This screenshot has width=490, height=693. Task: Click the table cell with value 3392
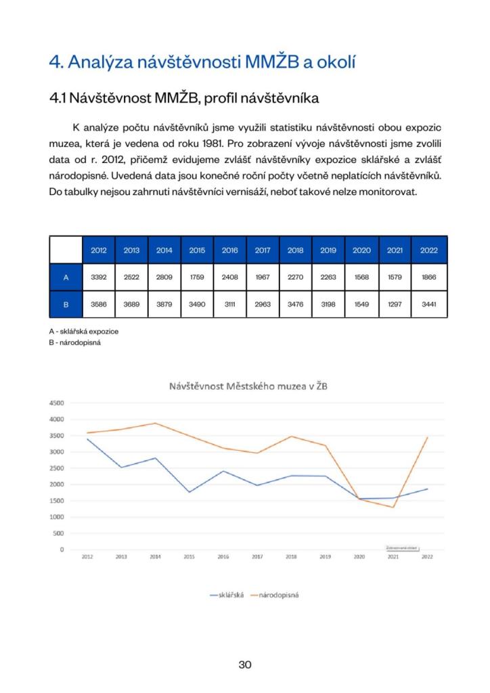(x=98, y=277)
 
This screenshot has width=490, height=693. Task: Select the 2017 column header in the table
(x=263, y=250)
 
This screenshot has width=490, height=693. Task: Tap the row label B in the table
(x=66, y=304)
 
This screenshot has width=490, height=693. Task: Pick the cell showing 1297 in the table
(x=395, y=304)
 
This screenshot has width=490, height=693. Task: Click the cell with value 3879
(x=164, y=304)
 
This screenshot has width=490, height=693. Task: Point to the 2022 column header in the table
(x=429, y=250)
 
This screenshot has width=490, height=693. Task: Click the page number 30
(x=245, y=665)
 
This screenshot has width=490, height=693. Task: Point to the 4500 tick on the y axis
(x=56, y=403)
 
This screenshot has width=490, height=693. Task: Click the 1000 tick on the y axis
(x=56, y=517)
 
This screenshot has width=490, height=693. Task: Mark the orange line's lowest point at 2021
(x=393, y=507)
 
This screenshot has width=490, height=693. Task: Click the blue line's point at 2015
(x=189, y=492)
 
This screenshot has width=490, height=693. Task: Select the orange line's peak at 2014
(x=155, y=423)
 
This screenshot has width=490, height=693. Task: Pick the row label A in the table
(x=66, y=277)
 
